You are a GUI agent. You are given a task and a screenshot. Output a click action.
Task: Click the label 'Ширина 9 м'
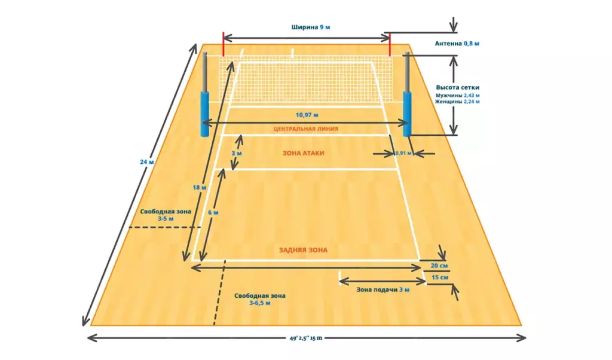311,28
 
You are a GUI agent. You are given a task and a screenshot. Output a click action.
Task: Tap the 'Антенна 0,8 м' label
457,44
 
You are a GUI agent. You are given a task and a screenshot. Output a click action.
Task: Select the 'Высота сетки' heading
457,87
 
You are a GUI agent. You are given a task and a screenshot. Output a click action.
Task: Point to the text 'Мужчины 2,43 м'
457,95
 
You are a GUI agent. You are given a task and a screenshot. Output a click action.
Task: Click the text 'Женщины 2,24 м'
457,102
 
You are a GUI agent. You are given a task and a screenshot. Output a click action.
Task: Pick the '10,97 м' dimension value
307,115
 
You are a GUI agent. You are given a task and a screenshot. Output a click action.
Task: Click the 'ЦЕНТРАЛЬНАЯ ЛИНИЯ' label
306,129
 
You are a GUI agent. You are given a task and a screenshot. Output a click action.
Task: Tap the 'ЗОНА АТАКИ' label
303,154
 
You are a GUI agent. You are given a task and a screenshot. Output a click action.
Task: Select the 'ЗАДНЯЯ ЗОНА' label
303,251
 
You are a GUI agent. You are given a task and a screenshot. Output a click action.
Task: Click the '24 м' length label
147,161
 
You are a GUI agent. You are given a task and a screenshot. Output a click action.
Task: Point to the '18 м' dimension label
200,187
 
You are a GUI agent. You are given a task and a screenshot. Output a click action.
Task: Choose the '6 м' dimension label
213,212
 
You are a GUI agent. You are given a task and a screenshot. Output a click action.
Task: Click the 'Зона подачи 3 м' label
383,289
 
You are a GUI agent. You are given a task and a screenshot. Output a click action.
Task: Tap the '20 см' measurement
439,266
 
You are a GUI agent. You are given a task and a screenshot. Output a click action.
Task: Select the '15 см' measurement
440,277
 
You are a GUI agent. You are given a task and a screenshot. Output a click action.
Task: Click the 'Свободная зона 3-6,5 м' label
260,299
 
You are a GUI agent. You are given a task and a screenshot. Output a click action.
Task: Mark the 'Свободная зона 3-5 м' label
166,215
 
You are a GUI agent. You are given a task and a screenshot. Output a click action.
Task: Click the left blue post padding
205,114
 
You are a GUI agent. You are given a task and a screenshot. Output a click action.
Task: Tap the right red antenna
390,44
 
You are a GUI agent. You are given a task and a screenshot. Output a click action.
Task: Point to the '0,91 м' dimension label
403,154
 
